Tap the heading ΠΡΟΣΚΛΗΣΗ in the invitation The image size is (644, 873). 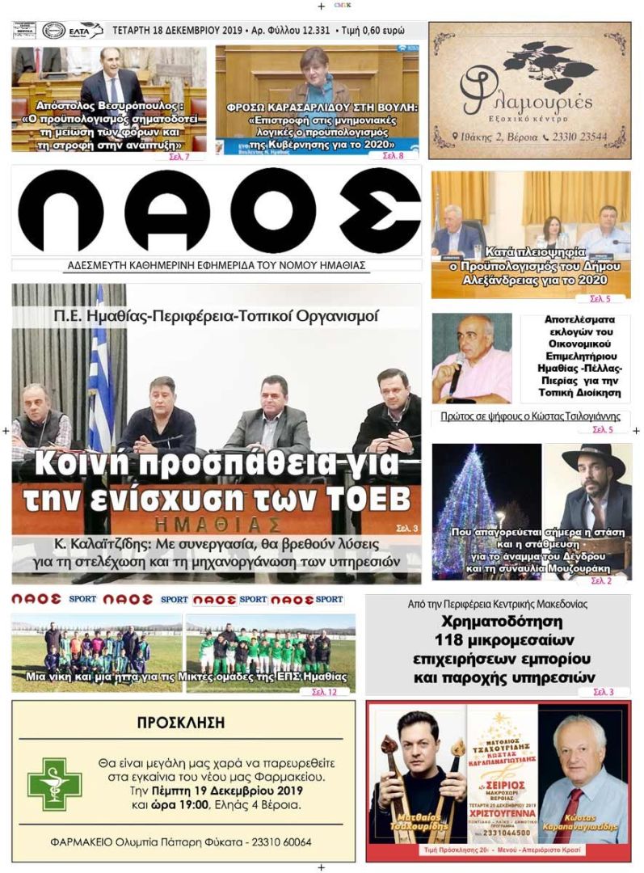coord(181,723)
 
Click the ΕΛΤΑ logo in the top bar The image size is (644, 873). coord(83,31)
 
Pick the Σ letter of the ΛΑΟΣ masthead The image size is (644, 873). coord(379,211)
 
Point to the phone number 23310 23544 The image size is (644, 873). coord(580,137)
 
